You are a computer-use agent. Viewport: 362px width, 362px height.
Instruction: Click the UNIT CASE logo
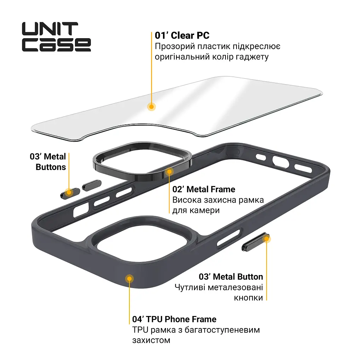pos(56,37)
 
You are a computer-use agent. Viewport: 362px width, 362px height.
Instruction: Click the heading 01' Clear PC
pos(182,35)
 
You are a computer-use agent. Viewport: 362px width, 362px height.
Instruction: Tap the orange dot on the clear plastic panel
pos(151,107)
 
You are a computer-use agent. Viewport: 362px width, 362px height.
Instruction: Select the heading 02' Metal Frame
pos(204,189)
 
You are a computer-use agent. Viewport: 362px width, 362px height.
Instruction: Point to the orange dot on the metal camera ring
pos(169,171)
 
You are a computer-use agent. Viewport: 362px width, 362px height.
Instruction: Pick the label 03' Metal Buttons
pos(48,162)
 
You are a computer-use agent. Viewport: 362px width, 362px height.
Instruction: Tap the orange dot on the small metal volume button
pos(69,192)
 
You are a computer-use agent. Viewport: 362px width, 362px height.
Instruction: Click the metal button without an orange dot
pos(92,185)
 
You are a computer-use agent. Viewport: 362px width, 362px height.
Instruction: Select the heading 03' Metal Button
pos(231,276)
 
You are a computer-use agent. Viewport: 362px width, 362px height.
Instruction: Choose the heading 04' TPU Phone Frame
pos(174,319)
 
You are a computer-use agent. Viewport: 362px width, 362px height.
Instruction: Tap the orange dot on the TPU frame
pos(129,279)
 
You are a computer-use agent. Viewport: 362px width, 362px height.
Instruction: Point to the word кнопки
pos(249,298)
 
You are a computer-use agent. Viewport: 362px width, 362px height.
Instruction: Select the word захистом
pos(151,340)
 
